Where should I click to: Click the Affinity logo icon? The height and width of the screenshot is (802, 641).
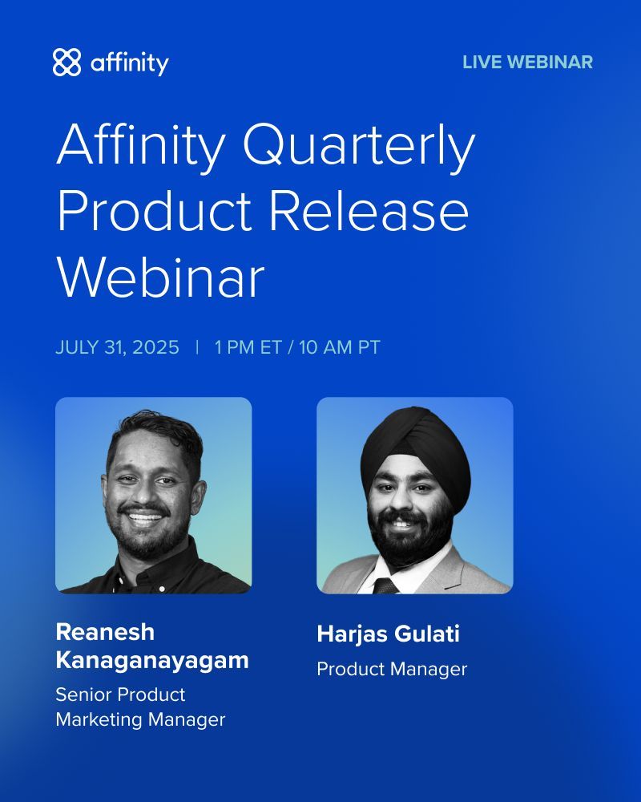coord(67,62)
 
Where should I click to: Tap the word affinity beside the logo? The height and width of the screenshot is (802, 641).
coord(129,62)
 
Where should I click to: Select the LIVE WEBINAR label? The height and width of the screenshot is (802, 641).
coord(527,62)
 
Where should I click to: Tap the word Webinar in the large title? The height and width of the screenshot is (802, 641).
coord(160,277)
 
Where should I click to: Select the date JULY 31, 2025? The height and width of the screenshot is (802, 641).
coord(117,347)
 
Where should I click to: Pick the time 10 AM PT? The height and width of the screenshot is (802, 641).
coord(340,347)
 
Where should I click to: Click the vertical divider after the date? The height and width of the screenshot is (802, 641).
coord(197,347)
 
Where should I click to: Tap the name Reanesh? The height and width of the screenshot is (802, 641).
coord(105,632)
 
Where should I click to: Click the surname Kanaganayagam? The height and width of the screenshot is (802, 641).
coord(152,661)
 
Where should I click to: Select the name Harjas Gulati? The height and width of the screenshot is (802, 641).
coord(388,634)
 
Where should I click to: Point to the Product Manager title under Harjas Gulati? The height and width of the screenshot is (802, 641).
coord(391,668)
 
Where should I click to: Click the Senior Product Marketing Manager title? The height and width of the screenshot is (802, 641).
coord(140,707)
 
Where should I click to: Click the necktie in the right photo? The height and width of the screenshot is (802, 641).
coord(386,585)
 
